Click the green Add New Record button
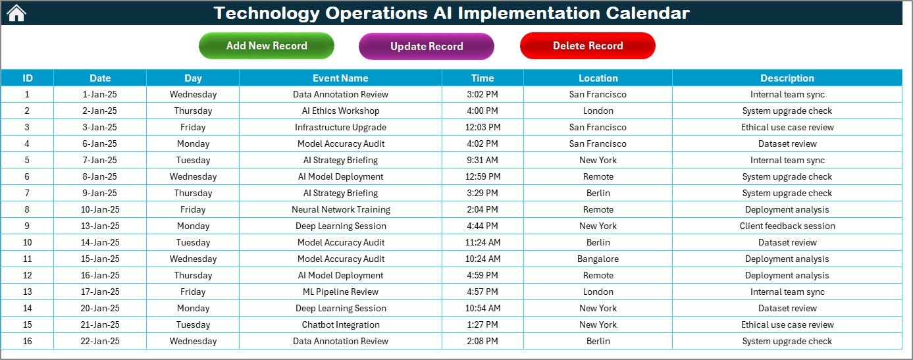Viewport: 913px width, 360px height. [x=267, y=45]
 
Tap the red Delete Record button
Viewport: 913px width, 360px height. [x=588, y=45]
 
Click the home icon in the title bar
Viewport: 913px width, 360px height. [x=16, y=13]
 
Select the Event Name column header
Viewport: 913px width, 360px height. [x=340, y=78]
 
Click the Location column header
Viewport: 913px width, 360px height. [x=598, y=78]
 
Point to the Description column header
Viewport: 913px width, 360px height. [x=787, y=78]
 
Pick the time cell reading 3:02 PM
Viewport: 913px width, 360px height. [x=483, y=94]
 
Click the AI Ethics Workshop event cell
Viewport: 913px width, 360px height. [x=340, y=111]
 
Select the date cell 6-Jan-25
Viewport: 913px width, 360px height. [x=100, y=143]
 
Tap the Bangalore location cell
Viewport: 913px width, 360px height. [x=598, y=259]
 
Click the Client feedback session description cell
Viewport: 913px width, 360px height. [x=787, y=226]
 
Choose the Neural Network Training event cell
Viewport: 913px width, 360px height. [x=340, y=209]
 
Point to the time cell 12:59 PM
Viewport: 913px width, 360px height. [x=483, y=176]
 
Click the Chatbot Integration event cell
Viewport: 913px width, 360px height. [x=340, y=324]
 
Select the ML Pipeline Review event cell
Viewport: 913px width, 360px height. [x=340, y=292]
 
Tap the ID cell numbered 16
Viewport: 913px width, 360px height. [x=27, y=342]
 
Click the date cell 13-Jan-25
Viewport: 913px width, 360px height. [x=100, y=226]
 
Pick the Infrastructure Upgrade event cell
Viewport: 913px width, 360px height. [x=340, y=127]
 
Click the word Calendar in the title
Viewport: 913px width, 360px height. [x=647, y=13]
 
